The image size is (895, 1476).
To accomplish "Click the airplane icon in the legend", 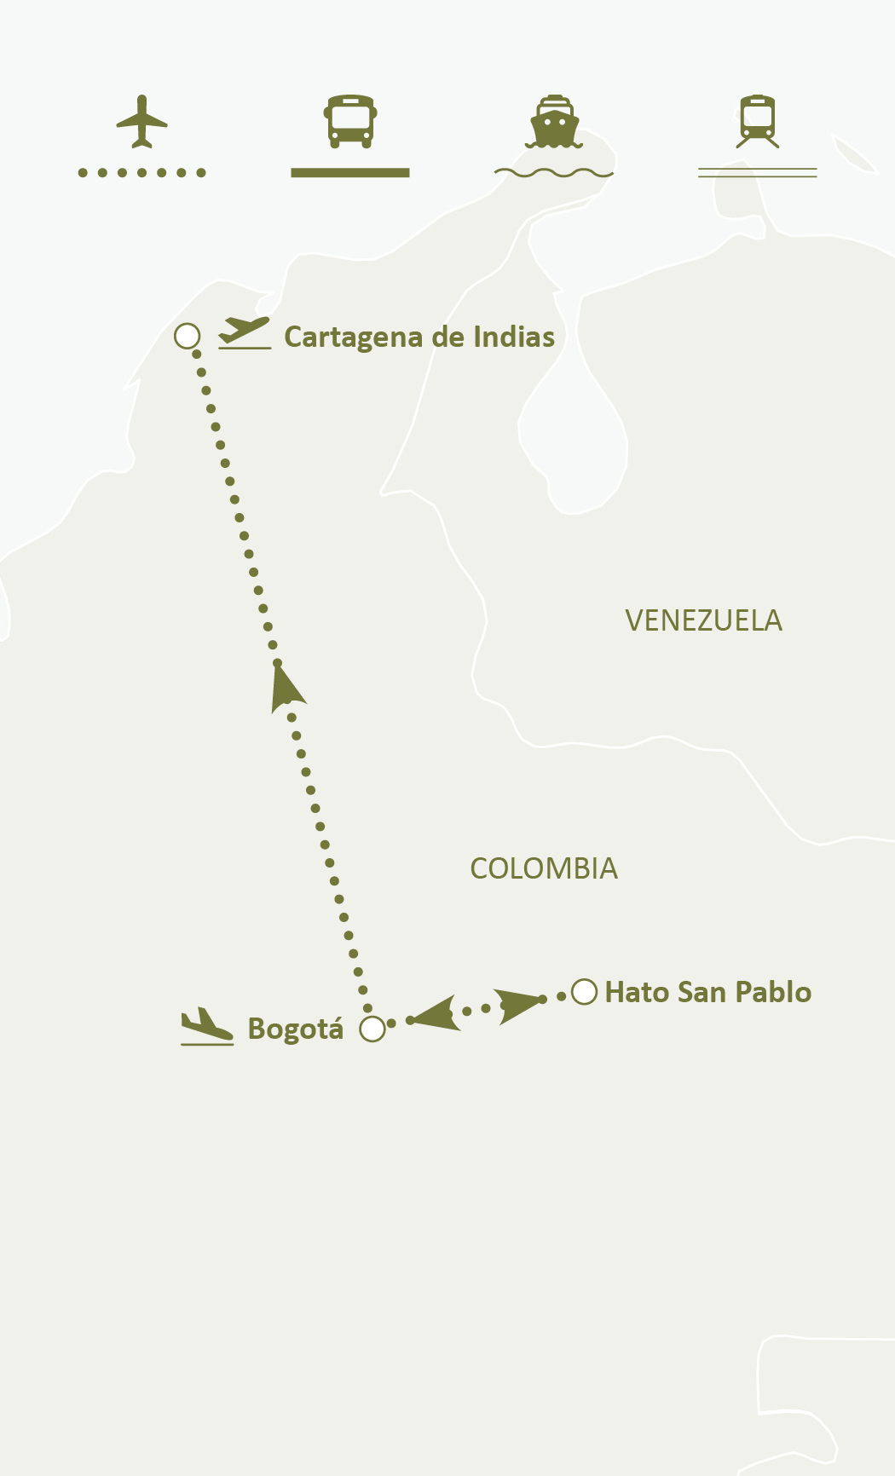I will coord(141,121).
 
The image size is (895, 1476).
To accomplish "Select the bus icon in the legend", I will coord(350,121).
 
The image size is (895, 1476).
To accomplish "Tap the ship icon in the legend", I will coord(554,121).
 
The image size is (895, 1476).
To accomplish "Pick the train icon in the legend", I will coord(758,121).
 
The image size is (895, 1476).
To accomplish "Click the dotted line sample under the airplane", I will coord(141,173).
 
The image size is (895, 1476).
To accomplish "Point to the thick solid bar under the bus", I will coord(350,173).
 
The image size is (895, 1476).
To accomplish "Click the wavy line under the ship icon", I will coord(554,173).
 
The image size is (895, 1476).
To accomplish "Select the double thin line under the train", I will coord(758,173).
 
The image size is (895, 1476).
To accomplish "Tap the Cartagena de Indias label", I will coord(419,337).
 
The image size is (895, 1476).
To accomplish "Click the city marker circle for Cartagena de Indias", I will coord(188,336).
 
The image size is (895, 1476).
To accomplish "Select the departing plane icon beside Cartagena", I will coord(245,332).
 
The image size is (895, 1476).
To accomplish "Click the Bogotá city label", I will coord(295,1029).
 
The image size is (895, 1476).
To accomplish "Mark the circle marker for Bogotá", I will coord(372,1029).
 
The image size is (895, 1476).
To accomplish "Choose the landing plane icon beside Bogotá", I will coord(206,1026).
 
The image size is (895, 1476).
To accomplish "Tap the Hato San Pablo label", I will coord(707,993).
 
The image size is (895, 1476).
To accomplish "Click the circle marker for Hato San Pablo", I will coord(584,992).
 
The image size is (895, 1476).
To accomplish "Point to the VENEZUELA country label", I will coord(703,620).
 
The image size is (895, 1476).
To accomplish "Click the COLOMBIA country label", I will coord(544,869).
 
